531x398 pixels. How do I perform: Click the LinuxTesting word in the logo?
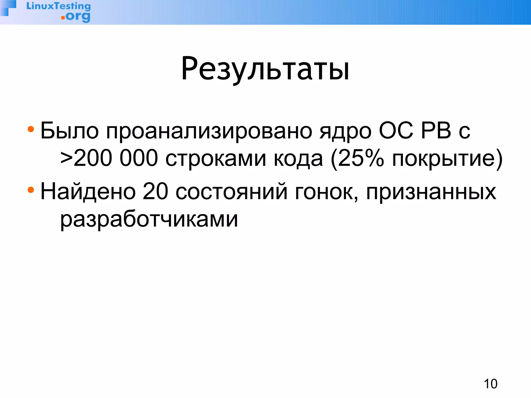(59, 6)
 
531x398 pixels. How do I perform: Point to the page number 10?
(491, 384)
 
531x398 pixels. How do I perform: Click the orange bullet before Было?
(31, 129)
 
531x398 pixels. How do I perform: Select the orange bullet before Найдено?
(31, 190)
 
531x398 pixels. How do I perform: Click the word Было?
(69, 131)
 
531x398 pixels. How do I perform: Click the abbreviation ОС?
(396, 131)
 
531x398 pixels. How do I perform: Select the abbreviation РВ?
(436, 131)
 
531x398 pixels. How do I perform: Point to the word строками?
(216, 159)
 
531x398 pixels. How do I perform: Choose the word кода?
(298, 159)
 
